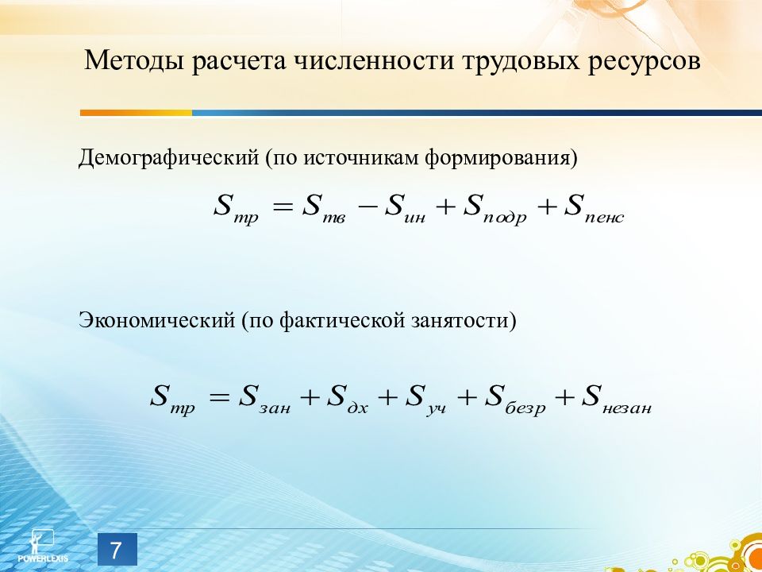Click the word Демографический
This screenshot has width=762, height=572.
coord(168,158)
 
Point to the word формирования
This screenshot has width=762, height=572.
coord(501,158)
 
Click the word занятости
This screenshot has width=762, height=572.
coord(463,321)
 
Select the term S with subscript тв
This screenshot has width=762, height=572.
coord(324,208)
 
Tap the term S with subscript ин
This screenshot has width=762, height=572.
coord(405,208)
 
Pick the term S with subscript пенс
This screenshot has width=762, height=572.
coord(594,208)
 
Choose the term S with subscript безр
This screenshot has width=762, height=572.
coord(515,398)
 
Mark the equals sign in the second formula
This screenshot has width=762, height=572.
coord(219,397)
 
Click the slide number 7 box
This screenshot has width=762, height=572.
coord(117,550)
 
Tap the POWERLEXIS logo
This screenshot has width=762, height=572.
coord(43,547)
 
